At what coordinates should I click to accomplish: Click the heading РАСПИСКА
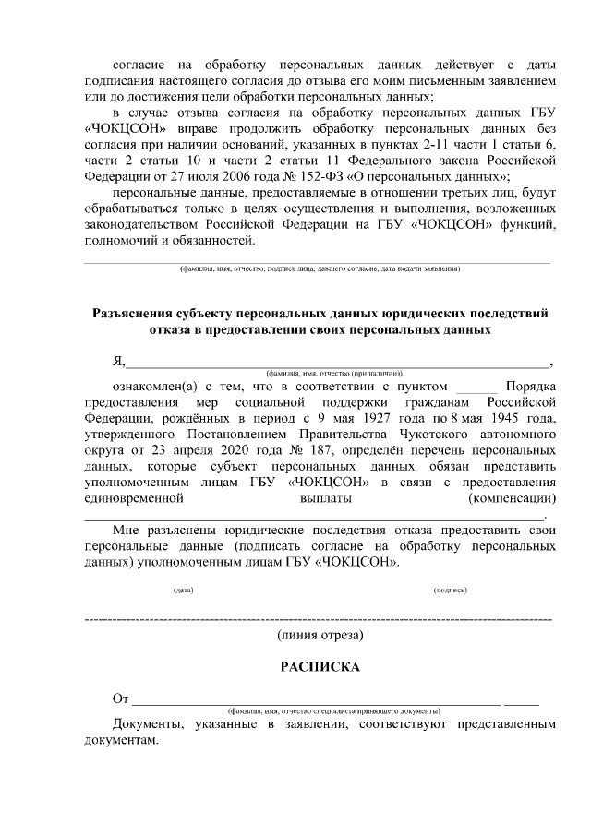point(320,667)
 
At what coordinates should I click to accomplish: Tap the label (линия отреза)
point(320,636)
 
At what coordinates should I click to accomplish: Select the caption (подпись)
point(451,590)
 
